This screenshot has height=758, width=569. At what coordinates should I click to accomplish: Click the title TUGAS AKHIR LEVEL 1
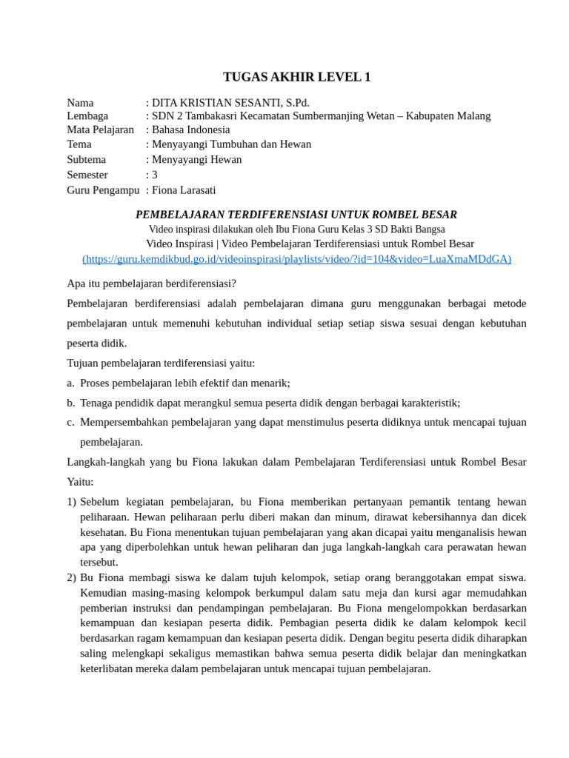[296, 77]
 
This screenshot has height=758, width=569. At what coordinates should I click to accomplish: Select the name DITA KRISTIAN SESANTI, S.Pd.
[230, 102]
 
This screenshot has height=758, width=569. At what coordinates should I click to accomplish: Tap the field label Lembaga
[87, 116]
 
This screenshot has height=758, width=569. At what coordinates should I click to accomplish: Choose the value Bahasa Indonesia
[191, 130]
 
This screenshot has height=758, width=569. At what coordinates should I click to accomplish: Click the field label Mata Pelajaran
[100, 130]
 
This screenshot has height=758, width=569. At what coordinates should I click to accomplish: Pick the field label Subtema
[86, 159]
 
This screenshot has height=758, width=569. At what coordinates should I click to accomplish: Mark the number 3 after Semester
[154, 175]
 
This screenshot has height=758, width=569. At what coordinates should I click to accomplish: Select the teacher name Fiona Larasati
[184, 190]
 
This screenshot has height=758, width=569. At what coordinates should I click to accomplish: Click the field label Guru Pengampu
[103, 190]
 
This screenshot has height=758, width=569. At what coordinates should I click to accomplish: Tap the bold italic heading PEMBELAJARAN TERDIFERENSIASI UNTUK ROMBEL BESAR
[296, 215]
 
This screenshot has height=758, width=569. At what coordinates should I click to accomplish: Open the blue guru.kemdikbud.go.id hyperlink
[296, 259]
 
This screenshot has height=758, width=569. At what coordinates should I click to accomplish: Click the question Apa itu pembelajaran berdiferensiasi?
[152, 284]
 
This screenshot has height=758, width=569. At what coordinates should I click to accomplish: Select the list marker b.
[70, 403]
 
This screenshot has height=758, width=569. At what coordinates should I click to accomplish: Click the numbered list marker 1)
[72, 503]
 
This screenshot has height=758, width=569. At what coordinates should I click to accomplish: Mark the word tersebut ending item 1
[99, 563]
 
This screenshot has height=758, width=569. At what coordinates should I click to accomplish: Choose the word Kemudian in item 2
[103, 593]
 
